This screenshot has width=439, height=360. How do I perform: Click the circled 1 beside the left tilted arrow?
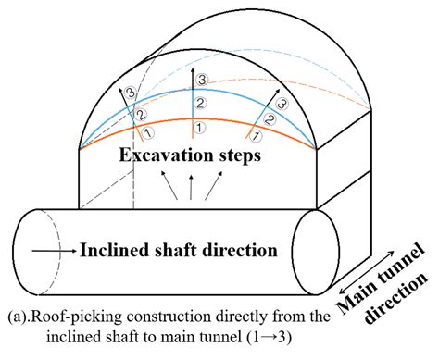pyautogui.click(x=145, y=134)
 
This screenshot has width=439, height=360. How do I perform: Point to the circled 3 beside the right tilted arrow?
pyautogui.click(x=282, y=106)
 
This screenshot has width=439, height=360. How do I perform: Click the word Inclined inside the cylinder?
pyautogui.click(x=116, y=250)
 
